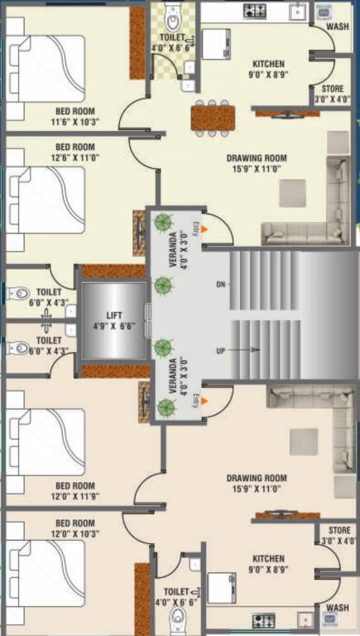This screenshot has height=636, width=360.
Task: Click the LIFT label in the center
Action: [x=115, y=315]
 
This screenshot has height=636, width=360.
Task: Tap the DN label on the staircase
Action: [x=221, y=285]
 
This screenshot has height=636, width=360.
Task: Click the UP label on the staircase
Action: [x=221, y=351]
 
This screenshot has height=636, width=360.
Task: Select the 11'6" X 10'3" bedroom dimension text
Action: [x=75, y=122]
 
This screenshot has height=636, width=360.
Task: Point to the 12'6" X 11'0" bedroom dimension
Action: [x=75, y=157]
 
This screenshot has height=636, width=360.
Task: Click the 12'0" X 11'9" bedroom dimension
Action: [x=75, y=497]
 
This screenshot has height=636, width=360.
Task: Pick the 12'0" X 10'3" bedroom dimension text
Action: [x=75, y=534]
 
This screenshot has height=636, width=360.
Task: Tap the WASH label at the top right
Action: [x=338, y=26]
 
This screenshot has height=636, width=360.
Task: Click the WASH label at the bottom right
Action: [x=338, y=608]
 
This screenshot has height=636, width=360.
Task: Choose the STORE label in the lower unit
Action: [x=339, y=530]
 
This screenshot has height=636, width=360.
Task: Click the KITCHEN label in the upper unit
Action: [x=268, y=64]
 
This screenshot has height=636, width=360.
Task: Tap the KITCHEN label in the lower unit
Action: [x=268, y=559]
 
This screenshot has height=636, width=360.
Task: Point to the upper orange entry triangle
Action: [x=204, y=227]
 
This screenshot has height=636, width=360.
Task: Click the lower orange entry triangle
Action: [x=204, y=401]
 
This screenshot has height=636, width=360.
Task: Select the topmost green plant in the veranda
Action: [x=163, y=222]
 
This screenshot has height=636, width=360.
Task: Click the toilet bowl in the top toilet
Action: [x=173, y=18]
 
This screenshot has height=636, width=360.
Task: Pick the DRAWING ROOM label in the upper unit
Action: [x=257, y=157]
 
